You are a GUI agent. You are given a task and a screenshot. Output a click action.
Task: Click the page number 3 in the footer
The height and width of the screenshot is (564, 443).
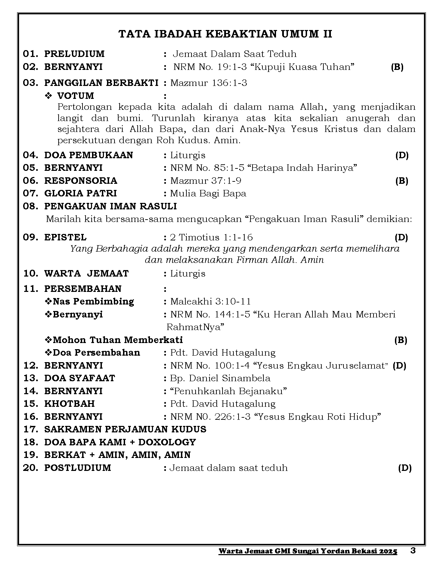pos(413,551)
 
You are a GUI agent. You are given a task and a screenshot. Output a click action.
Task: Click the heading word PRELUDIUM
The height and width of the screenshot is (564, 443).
pos(74,54)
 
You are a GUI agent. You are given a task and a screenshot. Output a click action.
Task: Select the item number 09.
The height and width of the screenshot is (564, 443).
pos(31,237)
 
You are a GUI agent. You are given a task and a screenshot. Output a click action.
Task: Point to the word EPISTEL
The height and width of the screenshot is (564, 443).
pos(65,237)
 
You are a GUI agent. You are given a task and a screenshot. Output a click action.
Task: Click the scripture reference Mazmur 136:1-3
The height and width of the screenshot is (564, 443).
pos(209,83)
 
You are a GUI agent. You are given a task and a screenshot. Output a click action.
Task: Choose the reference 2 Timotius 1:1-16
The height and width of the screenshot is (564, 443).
pos(211,237)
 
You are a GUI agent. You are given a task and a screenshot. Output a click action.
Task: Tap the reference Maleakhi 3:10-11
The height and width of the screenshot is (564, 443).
pos(210,301)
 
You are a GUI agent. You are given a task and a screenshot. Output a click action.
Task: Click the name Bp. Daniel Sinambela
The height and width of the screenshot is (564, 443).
pos(220,378)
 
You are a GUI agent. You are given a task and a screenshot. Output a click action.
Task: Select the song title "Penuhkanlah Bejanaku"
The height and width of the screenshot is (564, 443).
pos(228,391)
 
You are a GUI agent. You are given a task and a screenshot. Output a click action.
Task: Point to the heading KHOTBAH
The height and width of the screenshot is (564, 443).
pos(70,404)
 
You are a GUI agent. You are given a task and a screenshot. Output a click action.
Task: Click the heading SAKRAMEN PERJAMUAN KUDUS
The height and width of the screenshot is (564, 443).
pos(125,429)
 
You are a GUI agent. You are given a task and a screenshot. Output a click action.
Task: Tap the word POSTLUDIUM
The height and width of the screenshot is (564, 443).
pos(78,467)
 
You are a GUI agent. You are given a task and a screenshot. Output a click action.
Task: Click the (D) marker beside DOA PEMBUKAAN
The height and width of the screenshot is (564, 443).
pos(402,155)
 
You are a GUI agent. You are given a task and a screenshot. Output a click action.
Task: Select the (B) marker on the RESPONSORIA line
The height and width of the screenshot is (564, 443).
pos(401,181)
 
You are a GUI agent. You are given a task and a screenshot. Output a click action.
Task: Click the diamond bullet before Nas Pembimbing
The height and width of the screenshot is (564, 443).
pos(48,301)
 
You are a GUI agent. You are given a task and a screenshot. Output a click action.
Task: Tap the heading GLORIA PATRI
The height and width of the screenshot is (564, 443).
pos(80,193)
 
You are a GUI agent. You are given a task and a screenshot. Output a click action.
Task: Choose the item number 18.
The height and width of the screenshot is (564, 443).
pos(31,442)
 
